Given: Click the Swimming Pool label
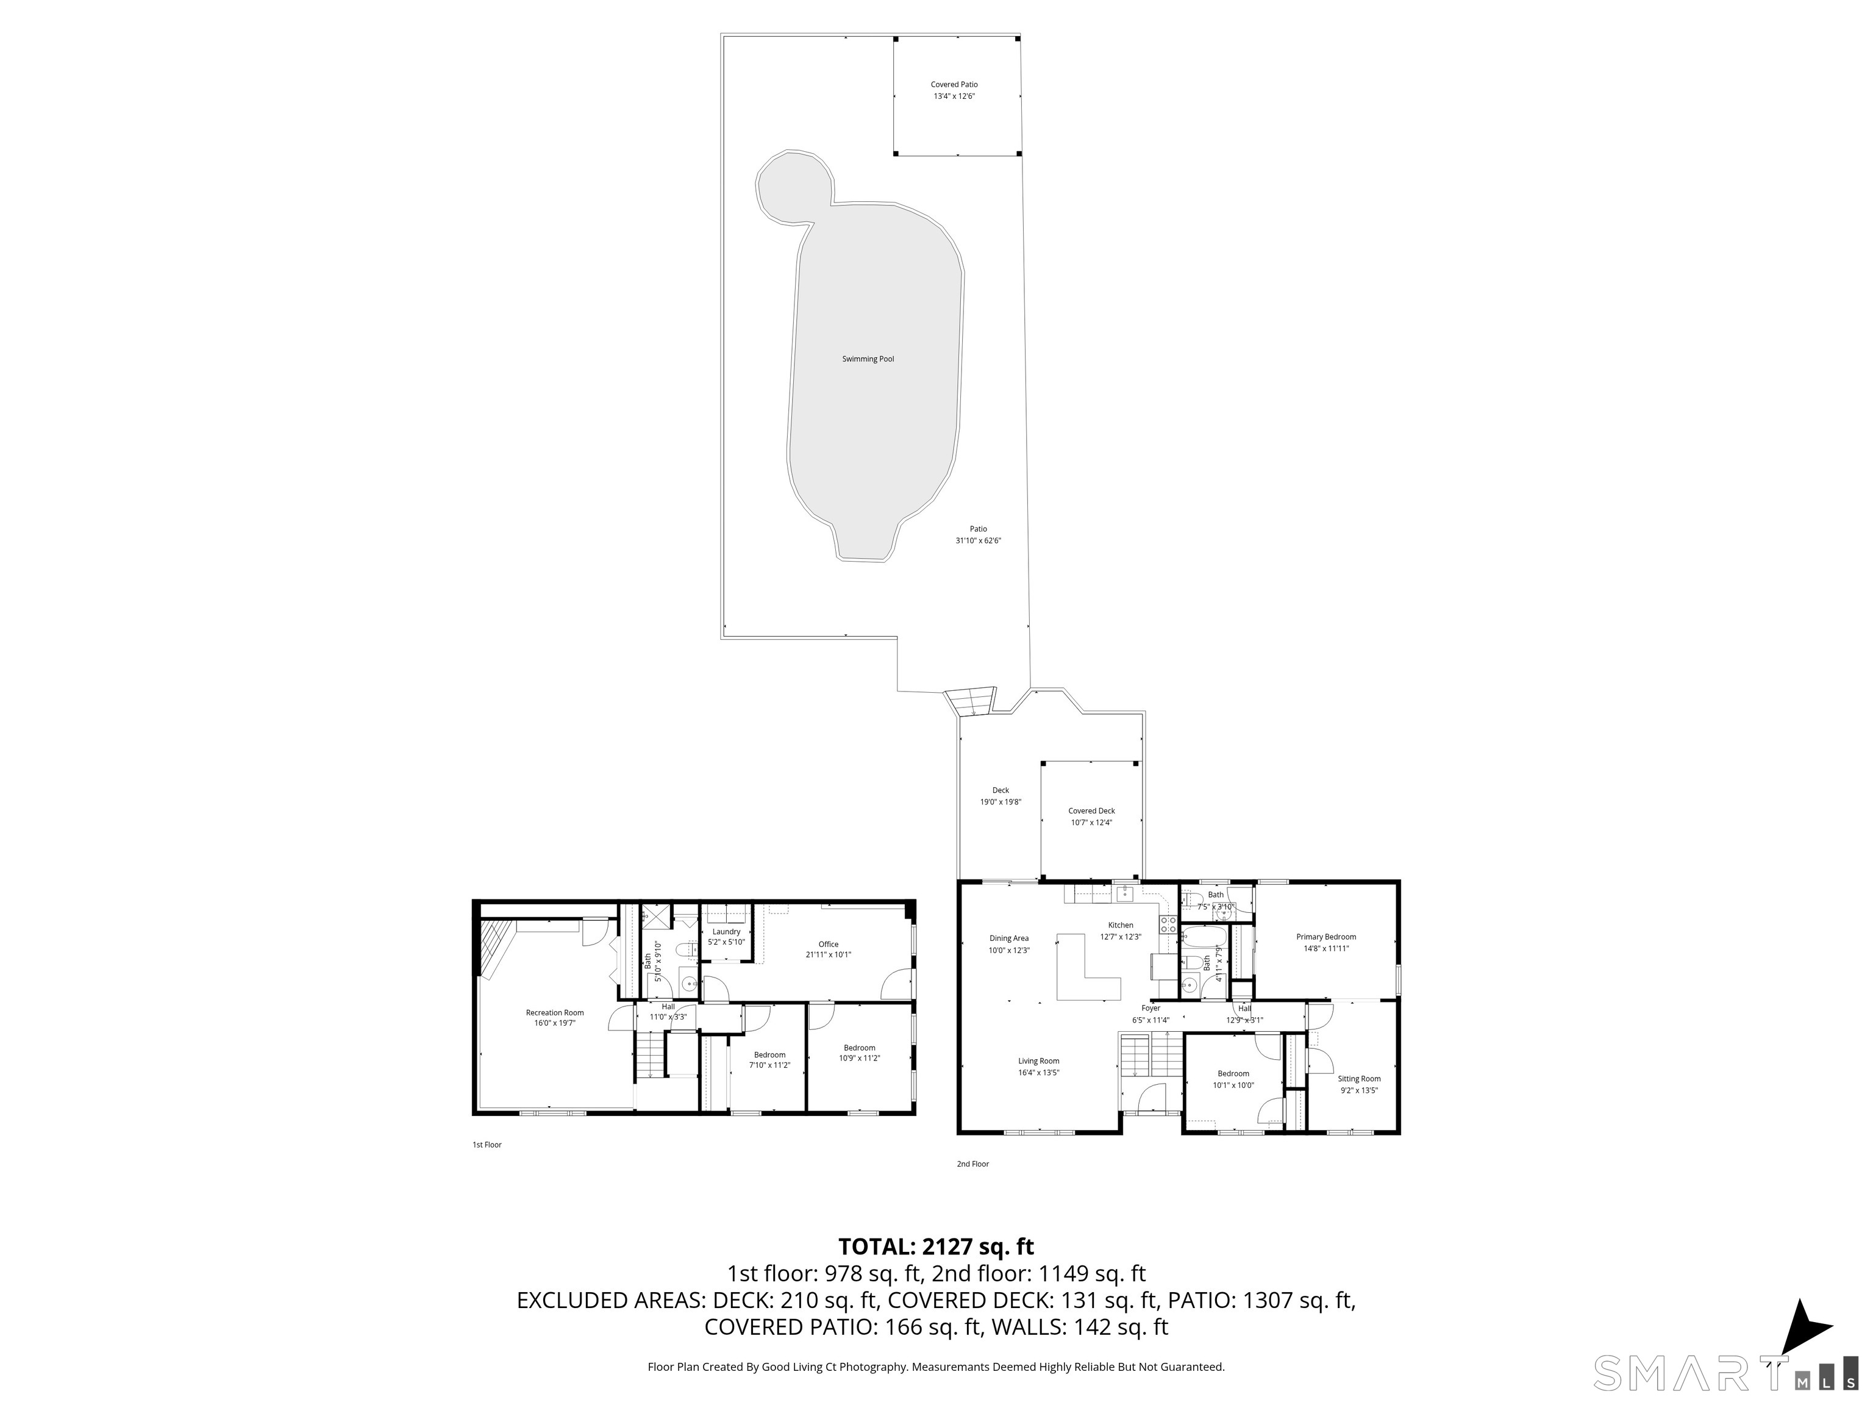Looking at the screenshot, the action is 868,359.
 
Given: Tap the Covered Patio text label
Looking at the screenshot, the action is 954,85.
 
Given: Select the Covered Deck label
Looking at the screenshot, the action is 1091,810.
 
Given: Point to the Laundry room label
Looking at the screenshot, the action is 727,932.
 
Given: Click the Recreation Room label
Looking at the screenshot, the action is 555,1013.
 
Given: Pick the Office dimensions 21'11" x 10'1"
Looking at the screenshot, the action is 828,954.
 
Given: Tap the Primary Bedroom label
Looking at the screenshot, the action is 1326,937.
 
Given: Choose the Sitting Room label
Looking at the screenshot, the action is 1359,1079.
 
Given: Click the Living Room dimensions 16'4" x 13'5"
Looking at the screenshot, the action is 1039,1073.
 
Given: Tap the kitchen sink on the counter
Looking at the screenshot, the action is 1126,893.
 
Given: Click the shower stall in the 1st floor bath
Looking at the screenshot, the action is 655,917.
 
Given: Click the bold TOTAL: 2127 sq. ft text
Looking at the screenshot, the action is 936,1246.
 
